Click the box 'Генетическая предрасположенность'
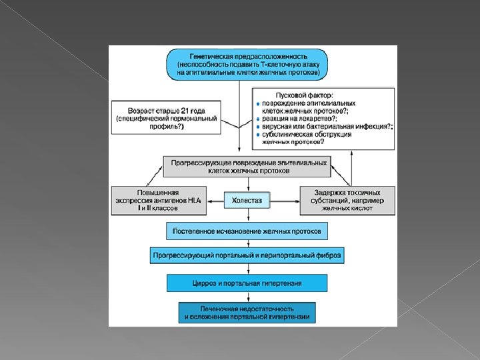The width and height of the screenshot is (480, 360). [247, 64]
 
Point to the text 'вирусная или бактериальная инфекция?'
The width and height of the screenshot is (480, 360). [326, 126]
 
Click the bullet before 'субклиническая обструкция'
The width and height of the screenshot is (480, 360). [258, 134]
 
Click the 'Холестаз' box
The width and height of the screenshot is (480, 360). [247, 200]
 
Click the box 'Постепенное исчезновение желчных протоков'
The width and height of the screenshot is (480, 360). [247, 231]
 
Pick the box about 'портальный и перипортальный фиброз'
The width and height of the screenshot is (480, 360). [247, 255]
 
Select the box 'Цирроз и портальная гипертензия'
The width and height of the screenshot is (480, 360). [247, 283]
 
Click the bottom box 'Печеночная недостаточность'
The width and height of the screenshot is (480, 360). [247, 313]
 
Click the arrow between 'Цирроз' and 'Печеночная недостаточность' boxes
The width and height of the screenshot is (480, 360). [247, 297]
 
